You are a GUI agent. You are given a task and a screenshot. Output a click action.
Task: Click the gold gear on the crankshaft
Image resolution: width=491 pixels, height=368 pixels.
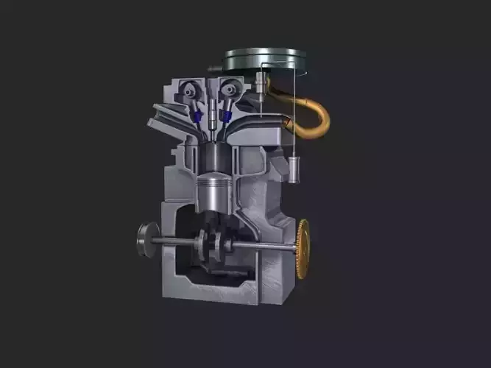303,249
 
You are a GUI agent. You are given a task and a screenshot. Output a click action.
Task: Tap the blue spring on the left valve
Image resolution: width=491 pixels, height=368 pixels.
197,116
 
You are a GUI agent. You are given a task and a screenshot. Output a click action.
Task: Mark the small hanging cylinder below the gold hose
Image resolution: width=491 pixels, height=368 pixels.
295,169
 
